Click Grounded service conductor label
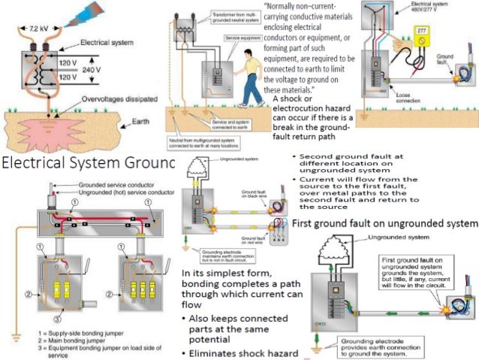click(x=116, y=185)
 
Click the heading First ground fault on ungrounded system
click(x=384, y=222)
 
